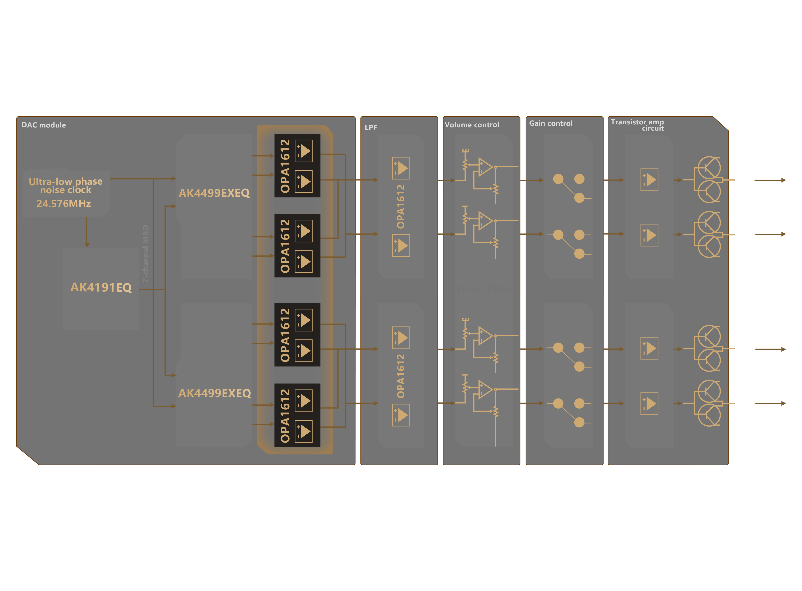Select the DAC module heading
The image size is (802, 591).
[x=44, y=125]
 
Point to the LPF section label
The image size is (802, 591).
[x=371, y=127]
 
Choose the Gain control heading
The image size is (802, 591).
[x=551, y=123]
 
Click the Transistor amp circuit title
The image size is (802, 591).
[x=637, y=125]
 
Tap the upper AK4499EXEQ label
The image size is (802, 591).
[x=214, y=193]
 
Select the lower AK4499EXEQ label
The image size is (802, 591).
[x=214, y=393]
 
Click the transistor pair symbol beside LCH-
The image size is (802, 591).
[x=708, y=403]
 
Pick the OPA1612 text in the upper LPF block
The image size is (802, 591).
[x=401, y=207]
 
